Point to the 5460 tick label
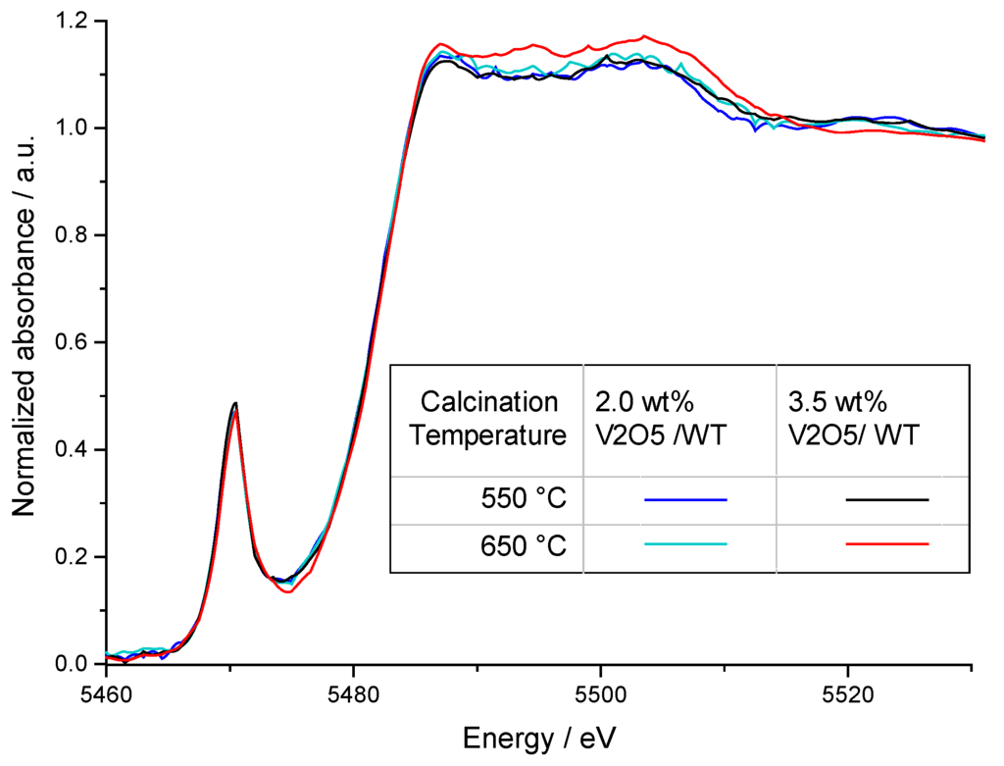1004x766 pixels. pos(105,692)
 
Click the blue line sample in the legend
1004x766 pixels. pos(685,500)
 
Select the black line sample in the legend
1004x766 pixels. pos(886,500)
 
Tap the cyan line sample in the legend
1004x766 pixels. pos(685,543)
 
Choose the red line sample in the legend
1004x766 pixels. pos(886,543)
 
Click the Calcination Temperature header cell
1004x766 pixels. pos(488,418)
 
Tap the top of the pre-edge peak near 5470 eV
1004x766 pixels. pos(235,403)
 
